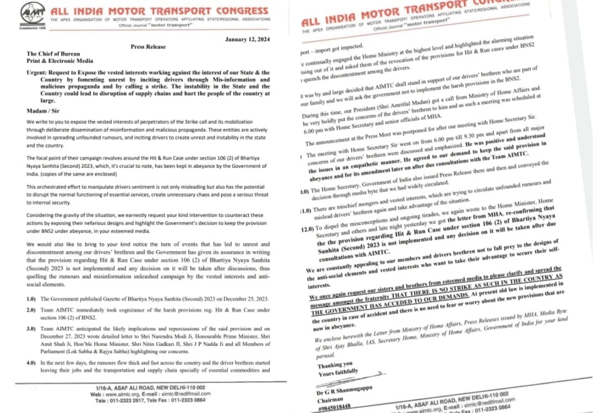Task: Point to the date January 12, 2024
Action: [x=248, y=39]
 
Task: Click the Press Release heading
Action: [x=148, y=47]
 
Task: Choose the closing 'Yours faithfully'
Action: [x=338, y=373]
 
